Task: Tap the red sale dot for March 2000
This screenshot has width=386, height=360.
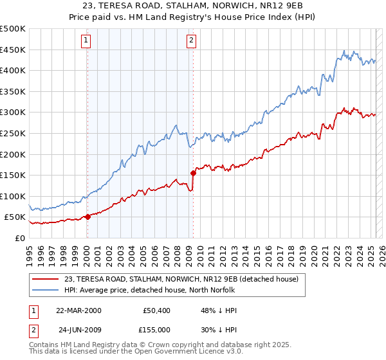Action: tap(87, 217)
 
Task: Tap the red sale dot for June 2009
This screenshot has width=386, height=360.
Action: tap(193, 173)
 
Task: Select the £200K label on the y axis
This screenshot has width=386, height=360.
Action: tap(13, 154)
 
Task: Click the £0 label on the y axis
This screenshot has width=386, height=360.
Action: tap(19, 238)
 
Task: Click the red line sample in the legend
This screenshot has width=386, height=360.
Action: tap(45, 280)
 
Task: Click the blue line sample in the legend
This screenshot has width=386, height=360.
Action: tap(45, 290)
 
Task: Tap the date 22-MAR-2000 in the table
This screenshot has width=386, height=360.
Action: tap(78, 310)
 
